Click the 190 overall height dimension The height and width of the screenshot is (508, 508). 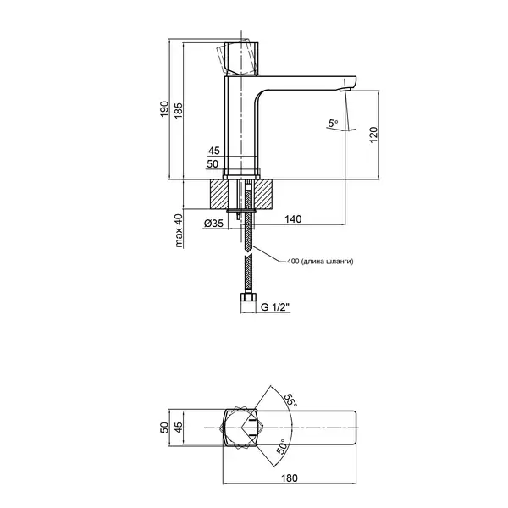[x=164, y=109]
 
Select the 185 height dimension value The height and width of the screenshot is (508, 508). [x=179, y=110]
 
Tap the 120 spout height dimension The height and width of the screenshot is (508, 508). [x=373, y=135]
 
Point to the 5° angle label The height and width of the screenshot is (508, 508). [x=333, y=124]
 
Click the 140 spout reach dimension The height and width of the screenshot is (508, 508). [x=293, y=219]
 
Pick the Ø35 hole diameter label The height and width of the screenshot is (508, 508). [x=213, y=223]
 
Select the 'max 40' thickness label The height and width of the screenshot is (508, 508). [x=179, y=230]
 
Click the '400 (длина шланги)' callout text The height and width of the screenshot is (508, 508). [x=320, y=261]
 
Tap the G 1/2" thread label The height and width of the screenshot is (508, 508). [x=274, y=306]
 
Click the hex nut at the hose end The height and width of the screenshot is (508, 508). [x=248, y=297]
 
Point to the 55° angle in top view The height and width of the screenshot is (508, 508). [x=290, y=400]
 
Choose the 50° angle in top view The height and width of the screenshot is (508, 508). [x=282, y=446]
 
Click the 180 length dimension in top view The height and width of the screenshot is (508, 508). [x=290, y=478]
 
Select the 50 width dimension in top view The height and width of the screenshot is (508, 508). [x=164, y=428]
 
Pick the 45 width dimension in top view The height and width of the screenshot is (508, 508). [x=179, y=428]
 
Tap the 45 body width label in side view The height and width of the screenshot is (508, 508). [x=214, y=151]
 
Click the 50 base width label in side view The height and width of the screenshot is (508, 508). [x=213, y=164]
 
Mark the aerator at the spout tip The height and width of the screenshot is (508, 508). [x=345, y=90]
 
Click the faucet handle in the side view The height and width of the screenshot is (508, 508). [x=241, y=59]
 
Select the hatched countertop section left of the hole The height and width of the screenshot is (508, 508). [x=219, y=194]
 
